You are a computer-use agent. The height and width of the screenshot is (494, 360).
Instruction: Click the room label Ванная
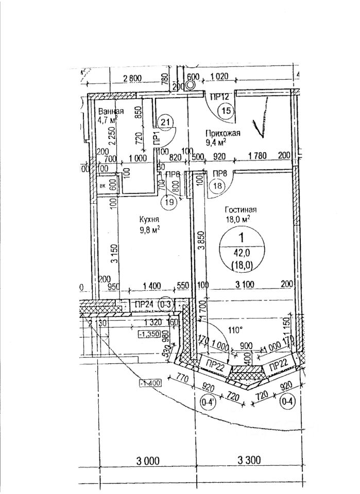(111, 112)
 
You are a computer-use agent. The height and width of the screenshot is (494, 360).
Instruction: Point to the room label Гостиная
(241, 209)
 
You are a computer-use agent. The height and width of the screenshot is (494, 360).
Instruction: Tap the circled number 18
(216, 186)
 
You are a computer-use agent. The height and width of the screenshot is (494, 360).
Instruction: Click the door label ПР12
(219, 96)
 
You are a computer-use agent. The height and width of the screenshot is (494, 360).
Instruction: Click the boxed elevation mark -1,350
(147, 333)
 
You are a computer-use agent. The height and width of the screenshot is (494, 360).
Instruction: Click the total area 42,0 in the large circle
(241, 253)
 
